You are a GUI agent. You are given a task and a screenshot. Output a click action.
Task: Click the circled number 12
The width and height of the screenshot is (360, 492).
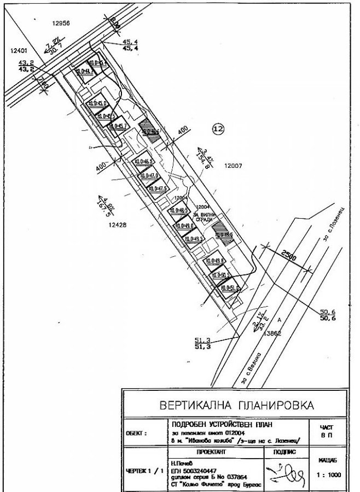pos(218,128)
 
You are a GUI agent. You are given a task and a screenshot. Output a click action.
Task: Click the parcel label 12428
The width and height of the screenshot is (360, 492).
pos(117,224)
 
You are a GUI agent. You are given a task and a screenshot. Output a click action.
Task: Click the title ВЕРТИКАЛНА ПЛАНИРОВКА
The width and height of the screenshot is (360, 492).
pos(236,406)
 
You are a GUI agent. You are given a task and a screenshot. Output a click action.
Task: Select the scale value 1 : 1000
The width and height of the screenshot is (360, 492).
pos(328,475)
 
